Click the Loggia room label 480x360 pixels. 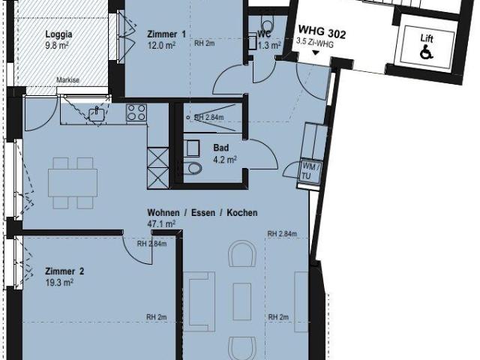[58, 34]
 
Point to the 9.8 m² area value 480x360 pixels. [57, 44]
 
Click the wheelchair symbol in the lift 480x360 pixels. [427, 53]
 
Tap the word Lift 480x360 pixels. [427, 38]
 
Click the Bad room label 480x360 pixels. [220, 148]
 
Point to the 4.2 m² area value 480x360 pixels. [224, 159]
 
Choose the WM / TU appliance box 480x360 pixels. [309, 169]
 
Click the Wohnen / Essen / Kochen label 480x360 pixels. [202, 213]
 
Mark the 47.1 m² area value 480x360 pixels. [160, 223]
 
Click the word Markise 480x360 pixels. [68, 78]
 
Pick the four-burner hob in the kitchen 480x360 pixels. [136, 113]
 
